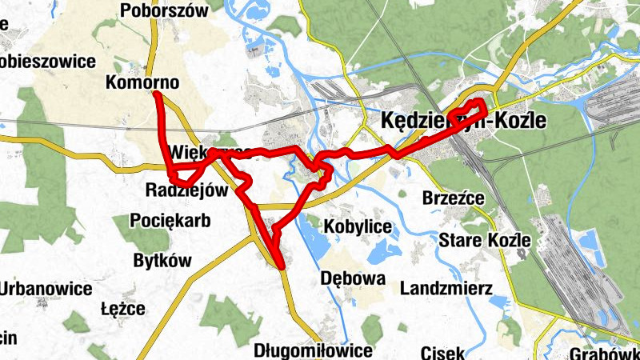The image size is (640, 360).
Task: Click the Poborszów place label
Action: [163, 10]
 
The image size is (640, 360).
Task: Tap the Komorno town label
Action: [142, 82]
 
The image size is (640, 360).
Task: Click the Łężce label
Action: [123, 308]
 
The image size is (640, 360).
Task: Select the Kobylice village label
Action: [358, 227]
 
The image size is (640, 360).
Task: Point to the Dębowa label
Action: [352, 278]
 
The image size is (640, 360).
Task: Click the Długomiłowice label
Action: [312, 350]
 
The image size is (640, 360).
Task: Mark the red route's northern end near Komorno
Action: [158, 95]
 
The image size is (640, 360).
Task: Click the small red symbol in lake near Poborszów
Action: [255, 53]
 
